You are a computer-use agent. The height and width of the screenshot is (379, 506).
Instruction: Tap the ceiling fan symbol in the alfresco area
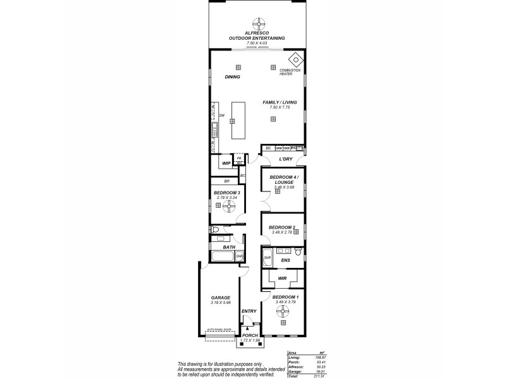(257, 23)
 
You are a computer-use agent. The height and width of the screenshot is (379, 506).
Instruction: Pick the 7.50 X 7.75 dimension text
(279, 107)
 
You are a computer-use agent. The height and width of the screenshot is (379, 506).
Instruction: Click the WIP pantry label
(226, 163)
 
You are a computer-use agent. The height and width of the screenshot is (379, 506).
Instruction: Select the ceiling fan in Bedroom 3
(226, 204)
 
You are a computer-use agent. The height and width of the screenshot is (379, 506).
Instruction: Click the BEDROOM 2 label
(281, 227)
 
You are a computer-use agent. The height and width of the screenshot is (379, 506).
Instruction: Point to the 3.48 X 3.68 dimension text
(280, 187)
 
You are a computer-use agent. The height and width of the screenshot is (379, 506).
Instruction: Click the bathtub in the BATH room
(223, 257)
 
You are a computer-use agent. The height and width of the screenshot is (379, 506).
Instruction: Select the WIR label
(282, 277)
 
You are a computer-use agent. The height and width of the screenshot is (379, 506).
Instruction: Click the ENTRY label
(249, 311)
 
